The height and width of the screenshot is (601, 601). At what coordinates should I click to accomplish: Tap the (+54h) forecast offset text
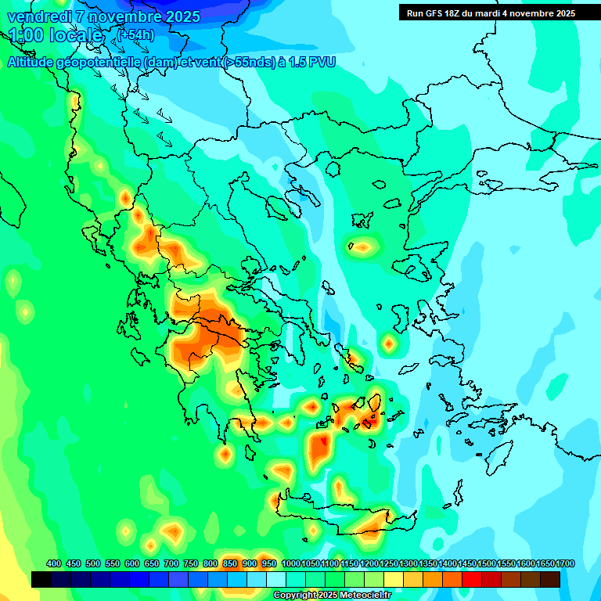136,35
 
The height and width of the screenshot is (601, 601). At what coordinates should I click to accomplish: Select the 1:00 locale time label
55,35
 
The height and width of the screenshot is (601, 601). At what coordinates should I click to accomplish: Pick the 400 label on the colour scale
54,564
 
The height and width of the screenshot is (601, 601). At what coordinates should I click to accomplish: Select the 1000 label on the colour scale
290,564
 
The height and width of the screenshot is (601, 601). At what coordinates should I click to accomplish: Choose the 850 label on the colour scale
230,564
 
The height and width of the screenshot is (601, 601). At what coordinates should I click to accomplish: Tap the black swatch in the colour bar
41,579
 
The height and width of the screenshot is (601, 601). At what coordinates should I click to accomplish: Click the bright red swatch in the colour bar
471,579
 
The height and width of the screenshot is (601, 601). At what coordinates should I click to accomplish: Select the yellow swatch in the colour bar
394,579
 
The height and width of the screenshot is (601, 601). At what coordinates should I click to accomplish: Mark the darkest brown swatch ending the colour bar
549,579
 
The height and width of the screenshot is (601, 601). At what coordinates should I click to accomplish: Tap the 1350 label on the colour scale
428,564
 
